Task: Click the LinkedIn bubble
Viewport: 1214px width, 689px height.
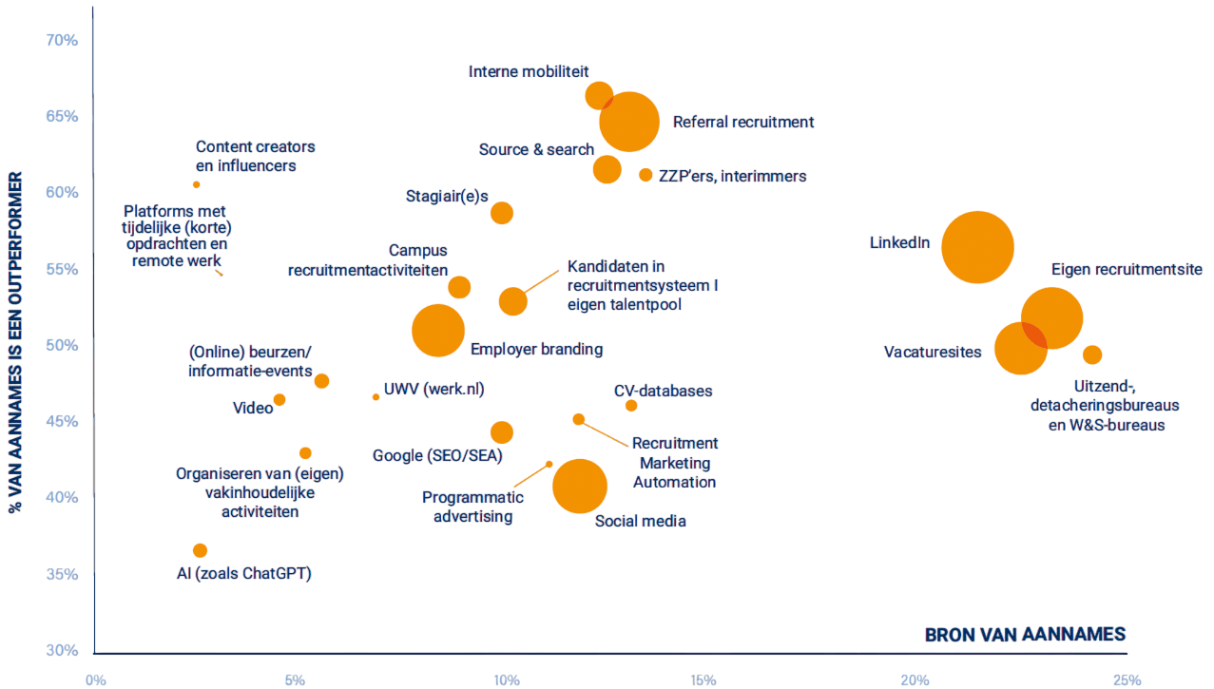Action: [x=977, y=247]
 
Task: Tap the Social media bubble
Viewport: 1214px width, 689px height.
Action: [x=580, y=486]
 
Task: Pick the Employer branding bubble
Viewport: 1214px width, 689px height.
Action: [x=438, y=331]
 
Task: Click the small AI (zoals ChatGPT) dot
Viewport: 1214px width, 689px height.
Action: [x=200, y=550]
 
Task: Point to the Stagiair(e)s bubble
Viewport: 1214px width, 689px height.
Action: [x=502, y=213]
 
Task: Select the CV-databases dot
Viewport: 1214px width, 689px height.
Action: [x=631, y=406]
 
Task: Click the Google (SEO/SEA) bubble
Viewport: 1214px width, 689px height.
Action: [x=502, y=432]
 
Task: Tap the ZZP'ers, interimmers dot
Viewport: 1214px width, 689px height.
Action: [x=646, y=175]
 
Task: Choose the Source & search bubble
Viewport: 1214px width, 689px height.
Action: [x=607, y=169]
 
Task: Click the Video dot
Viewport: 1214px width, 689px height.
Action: [x=279, y=400]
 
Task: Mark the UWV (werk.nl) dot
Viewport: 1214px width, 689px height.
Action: [x=376, y=397]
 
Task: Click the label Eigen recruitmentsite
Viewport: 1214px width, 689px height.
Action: [x=1127, y=270]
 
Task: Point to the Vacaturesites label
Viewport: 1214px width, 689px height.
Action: [x=932, y=353]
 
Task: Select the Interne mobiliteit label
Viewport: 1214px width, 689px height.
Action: [x=529, y=71]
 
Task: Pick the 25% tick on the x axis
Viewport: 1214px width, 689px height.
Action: [x=1126, y=679]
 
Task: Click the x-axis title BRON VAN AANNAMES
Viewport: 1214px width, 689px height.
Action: [x=1025, y=635]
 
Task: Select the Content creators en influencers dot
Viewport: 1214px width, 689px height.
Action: [x=197, y=184]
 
